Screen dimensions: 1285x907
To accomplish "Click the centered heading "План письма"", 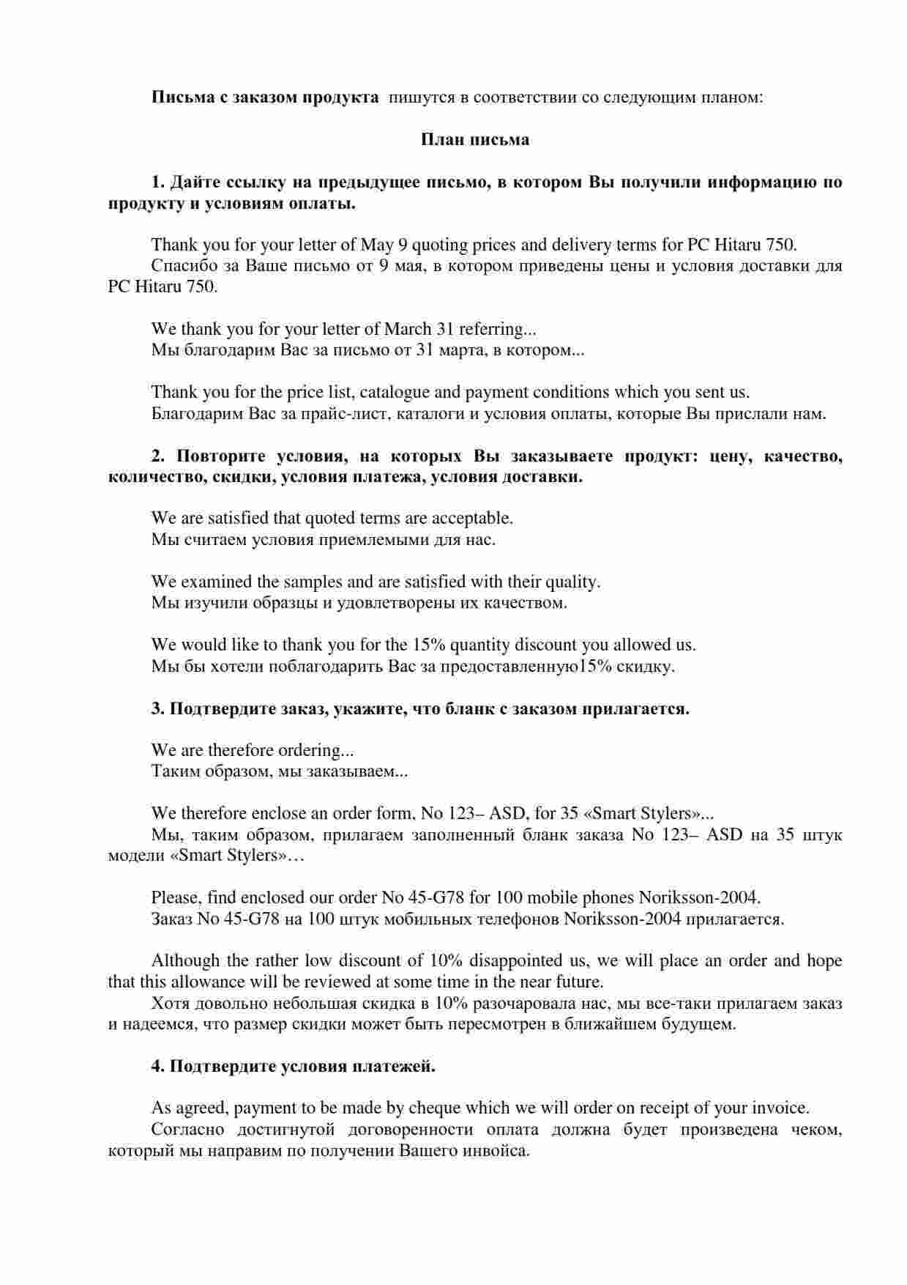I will click(474, 139).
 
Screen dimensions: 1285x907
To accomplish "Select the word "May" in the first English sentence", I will click(377, 245).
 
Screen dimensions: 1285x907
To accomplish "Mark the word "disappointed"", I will click(517, 961).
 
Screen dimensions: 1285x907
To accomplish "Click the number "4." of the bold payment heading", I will click(158, 1067).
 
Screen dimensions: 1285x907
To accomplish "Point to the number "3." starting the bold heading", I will click(158, 709).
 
